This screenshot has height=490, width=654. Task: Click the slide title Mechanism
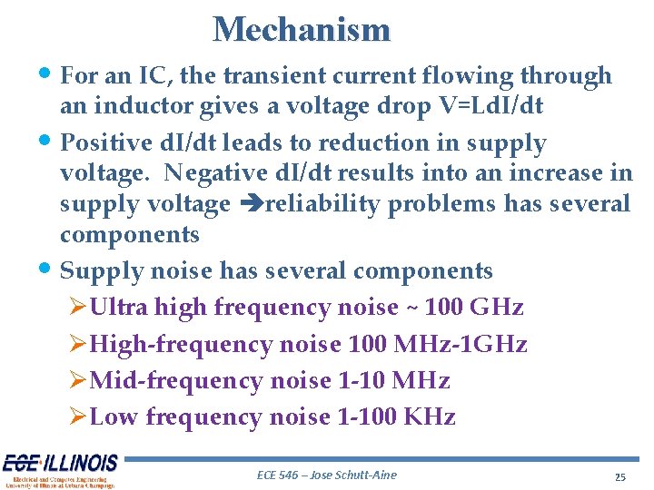[x=302, y=30]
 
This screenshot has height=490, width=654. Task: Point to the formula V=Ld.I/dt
[x=477, y=106]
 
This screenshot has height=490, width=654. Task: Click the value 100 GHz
[x=474, y=308]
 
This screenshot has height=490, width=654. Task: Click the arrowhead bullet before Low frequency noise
[x=78, y=417]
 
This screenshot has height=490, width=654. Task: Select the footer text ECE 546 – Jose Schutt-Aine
[x=327, y=475]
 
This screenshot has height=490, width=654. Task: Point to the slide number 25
[x=620, y=476]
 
